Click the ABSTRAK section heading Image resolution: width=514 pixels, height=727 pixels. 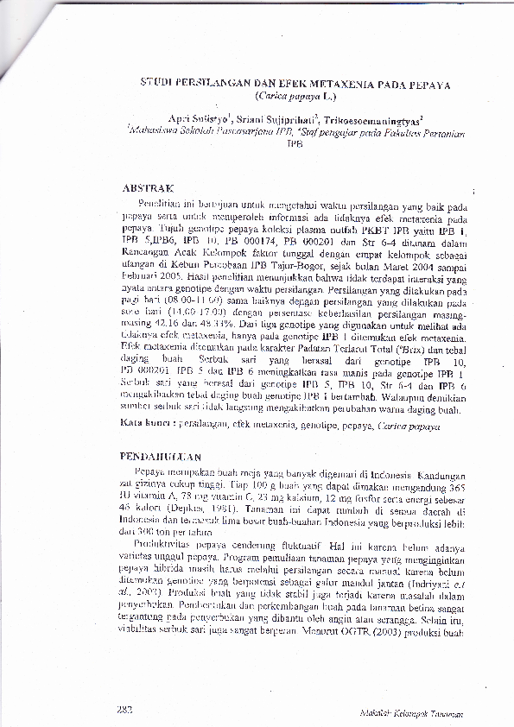coord(149,186)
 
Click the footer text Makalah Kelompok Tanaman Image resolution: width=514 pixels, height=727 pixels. coord(412,714)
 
